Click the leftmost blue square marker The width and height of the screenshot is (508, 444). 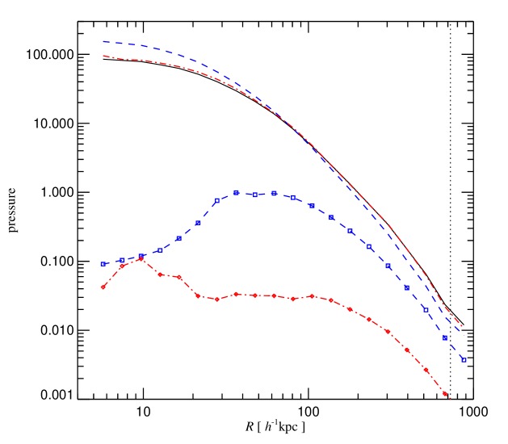click(x=103, y=264)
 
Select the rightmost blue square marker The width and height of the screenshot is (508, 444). click(x=464, y=360)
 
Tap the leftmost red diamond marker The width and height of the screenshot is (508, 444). click(x=103, y=287)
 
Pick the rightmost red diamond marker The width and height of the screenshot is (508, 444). click(x=446, y=395)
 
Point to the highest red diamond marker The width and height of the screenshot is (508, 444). click(x=141, y=259)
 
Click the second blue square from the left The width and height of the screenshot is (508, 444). click(x=122, y=261)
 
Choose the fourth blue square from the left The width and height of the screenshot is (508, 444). click(x=160, y=250)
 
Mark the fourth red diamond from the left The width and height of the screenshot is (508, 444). click(x=161, y=274)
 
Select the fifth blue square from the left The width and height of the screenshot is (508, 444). click(x=179, y=239)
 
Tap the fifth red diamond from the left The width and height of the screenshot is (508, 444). click(x=179, y=277)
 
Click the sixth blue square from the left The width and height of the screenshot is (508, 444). click(x=198, y=223)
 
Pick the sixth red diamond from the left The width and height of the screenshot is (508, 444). click(x=199, y=296)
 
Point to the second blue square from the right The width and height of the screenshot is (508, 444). click(x=445, y=337)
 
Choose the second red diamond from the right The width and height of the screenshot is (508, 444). click(x=426, y=371)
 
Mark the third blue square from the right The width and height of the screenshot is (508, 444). click(x=426, y=310)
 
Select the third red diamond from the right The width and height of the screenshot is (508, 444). click(x=408, y=350)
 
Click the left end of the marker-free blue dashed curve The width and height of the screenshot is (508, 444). click(x=103, y=41)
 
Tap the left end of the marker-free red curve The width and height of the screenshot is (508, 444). click(x=103, y=56)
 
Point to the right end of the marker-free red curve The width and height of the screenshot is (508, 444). click(x=462, y=326)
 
